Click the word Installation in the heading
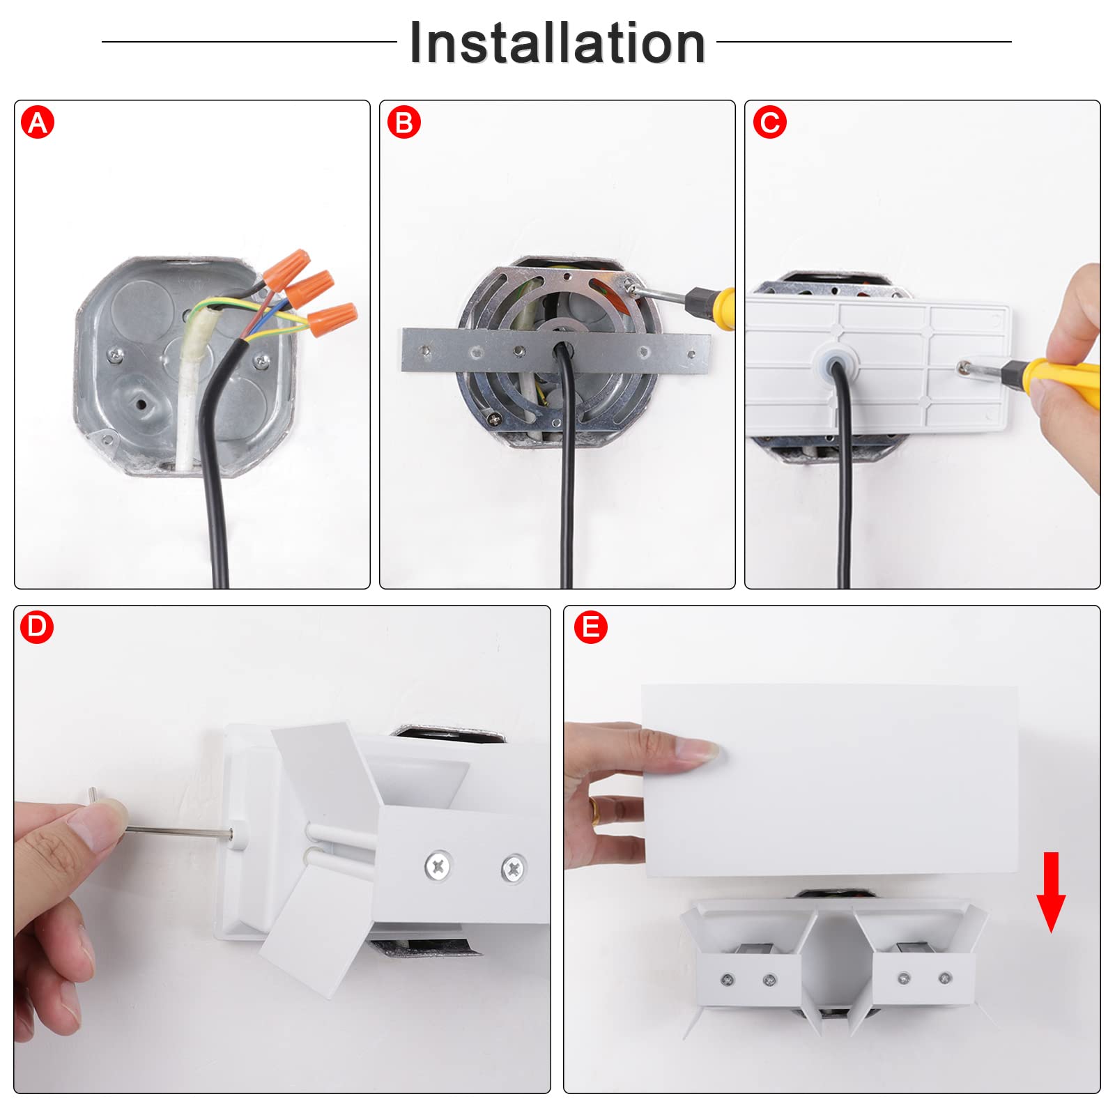coord(557,43)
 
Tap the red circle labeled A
coord(38,123)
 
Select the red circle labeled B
coord(403,123)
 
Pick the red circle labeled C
coord(769,123)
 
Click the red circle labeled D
coord(37,627)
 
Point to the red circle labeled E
coord(590,627)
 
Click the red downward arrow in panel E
coord(1051,892)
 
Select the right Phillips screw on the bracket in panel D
coord(514,868)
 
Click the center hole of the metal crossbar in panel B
coord(560,349)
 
